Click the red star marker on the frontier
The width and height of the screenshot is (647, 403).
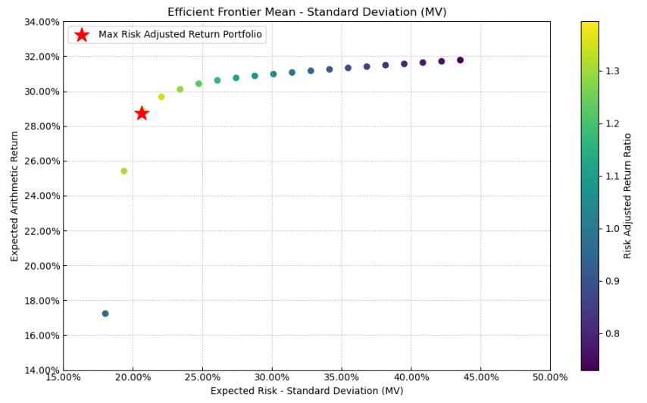point(142,113)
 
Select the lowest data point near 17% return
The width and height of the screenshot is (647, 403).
point(105,314)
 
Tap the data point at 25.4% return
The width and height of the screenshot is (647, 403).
point(124,171)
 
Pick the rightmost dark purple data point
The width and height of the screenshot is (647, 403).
point(460,60)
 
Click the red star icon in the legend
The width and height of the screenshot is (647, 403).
point(82,35)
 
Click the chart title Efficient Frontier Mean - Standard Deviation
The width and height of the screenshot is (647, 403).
point(307,12)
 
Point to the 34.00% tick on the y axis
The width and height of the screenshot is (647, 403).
point(38,22)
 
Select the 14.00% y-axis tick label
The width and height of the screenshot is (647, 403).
point(38,370)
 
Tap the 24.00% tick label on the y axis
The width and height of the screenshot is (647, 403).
point(38,196)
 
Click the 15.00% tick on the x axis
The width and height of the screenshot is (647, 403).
point(64,377)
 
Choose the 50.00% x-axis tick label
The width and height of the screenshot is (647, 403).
point(550,377)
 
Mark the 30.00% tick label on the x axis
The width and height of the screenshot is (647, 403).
point(272,377)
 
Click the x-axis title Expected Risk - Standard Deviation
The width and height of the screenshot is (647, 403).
point(307,391)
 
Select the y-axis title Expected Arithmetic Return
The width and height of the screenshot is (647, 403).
point(14,196)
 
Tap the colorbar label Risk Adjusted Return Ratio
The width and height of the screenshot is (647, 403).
point(627,196)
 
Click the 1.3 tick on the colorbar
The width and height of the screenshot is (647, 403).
point(613,71)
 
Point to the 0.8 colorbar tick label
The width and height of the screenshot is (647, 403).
point(613,333)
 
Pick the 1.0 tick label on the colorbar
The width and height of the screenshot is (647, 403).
point(613,229)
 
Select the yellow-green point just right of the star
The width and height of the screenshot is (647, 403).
point(161,97)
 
